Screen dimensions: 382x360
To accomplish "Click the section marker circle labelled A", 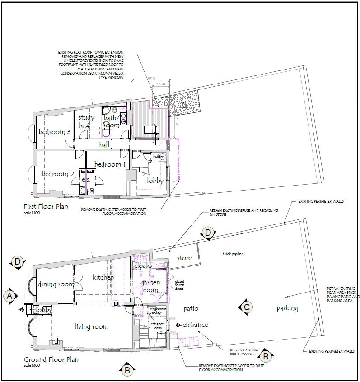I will point(9,296).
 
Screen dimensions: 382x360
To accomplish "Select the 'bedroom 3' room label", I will point(54,132).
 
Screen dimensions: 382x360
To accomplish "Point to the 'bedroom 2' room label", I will point(58,174).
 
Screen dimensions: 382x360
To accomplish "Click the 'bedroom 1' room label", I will point(110,164).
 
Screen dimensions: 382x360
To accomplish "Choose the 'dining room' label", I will point(56,284).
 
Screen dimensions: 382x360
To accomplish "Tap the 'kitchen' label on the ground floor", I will point(103,277).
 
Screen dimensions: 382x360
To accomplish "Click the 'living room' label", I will point(91,326).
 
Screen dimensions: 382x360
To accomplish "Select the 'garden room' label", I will point(150,286).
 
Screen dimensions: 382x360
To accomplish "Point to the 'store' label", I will point(184,258).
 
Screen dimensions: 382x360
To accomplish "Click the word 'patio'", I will point(192,308).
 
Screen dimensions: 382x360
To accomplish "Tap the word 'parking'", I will point(287,308).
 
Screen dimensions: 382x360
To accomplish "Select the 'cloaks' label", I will point(143,266).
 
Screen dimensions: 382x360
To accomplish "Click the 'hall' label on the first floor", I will point(104,144).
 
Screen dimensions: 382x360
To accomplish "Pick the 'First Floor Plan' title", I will point(46,206).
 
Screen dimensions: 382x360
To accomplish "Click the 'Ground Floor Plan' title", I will point(51,359).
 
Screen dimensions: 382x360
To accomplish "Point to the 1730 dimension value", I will point(160,84).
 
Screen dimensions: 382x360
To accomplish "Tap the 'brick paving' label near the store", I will point(233,254).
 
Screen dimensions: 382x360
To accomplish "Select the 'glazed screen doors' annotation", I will point(180,285).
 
